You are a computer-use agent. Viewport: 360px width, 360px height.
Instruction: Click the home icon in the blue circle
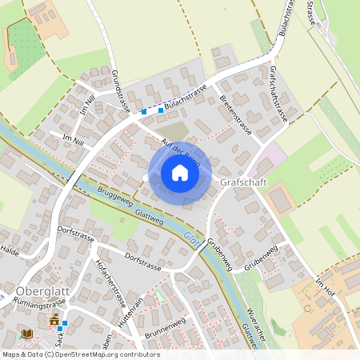[x=180, y=172]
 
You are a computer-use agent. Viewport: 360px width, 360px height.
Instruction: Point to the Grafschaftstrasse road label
[x=279, y=94]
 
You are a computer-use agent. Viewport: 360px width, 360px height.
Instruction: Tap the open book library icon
[x=28, y=333]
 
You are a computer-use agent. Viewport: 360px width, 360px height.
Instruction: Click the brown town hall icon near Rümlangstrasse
[x=54, y=320]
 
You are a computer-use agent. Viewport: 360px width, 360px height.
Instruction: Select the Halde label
[x=10, y=250]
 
